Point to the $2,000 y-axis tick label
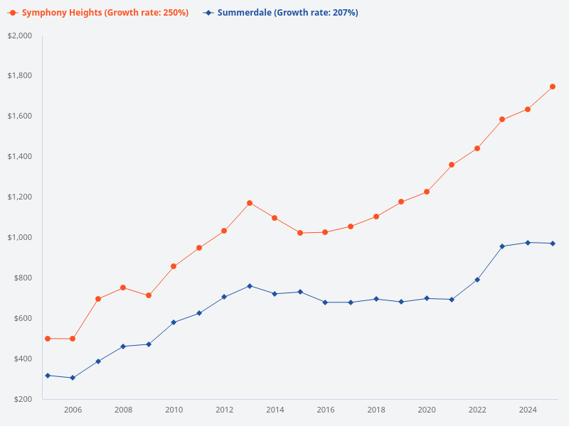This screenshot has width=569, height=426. (x=19, y=35)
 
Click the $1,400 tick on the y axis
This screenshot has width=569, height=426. (x=19, y=156)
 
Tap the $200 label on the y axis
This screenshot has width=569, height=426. (x=23, y=399)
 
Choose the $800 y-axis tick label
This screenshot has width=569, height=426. (x=23, y=278)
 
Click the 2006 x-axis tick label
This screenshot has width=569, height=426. (x=73, y=410)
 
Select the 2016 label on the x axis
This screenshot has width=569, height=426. (x=326, y=410)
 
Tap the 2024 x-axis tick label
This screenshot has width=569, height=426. (x=528, y=410)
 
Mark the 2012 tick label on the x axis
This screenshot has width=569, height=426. (x=224, y=410)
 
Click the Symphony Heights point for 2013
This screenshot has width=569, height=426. (x=250, y=203)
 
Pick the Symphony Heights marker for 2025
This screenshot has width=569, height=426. (x=553, y=87)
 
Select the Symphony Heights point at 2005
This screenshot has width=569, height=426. (x=48, y=339)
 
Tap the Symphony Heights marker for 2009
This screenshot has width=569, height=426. (x=149, y=295)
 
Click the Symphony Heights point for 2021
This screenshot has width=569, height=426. (x=452, y=165)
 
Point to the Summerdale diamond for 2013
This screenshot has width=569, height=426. (x=250, y=286)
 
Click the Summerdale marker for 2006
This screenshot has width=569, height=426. (x=73, y=378)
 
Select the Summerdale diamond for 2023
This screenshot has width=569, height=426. (x=502, y=246)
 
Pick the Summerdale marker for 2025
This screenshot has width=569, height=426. (x=553, y=244)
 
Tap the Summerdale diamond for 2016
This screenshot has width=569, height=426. (x=325, y=302)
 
